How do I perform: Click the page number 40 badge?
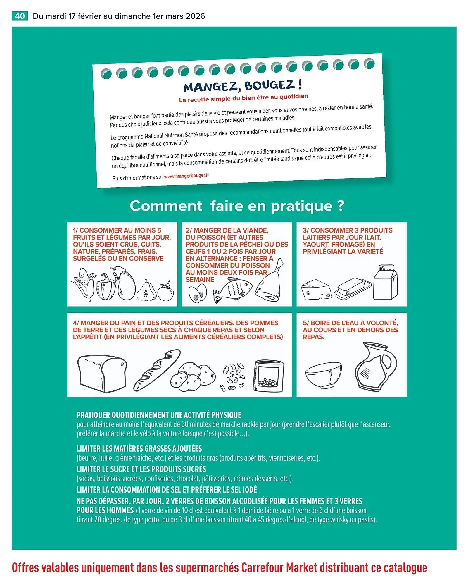click(20, 16)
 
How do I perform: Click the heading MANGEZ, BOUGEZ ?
click(242, 86)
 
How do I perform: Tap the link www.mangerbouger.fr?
click(186, 176)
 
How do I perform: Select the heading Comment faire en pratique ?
click(237, 206)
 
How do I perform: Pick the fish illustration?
click(233, 290)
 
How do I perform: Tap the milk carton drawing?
click(386, 283)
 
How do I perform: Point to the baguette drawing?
click(157, 370)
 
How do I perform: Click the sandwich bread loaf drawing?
click(102, 374)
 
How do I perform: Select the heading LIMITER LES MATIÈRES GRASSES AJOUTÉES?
click(139, 449)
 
